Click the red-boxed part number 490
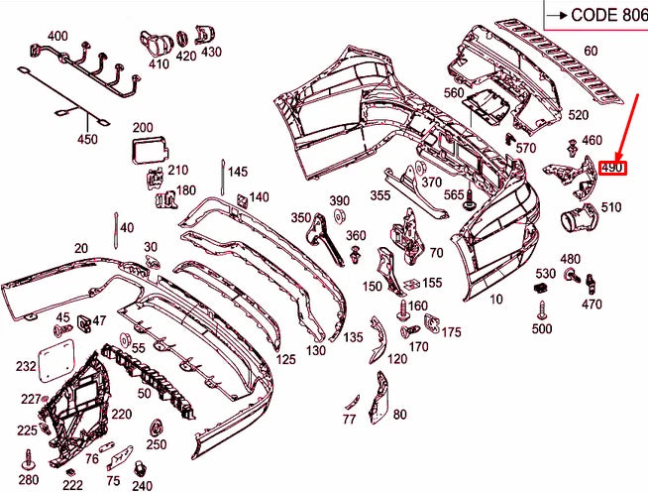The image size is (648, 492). [612, 168]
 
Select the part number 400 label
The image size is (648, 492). [57, 37]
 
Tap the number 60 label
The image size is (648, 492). [591, 51]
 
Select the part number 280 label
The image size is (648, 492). [29, 480]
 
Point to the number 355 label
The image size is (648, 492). [380, 196]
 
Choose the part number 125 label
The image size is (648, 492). [286, 358]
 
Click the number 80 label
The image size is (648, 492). [399, 415]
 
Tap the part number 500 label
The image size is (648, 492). [542, 328]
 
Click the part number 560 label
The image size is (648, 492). [454, 93]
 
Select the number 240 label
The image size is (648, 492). [142, 485]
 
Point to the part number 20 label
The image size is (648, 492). [80, 249]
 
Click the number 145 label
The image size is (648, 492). [238, 172]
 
